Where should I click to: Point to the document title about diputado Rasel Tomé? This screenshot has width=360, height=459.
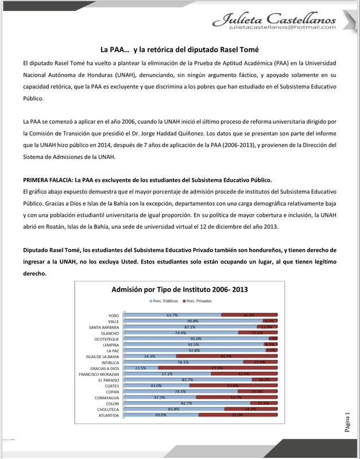click(x=180, y=50)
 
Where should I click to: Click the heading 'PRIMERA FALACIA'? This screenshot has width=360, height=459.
click(x=47, y=180)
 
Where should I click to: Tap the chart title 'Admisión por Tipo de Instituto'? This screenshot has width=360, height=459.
click(x=180, y=290)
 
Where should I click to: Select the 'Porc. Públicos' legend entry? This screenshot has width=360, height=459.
click(x=164, y=301)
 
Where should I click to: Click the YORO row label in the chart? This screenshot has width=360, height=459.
click(x=113, y=316)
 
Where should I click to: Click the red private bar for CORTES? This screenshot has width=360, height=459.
click(x=233, y=386)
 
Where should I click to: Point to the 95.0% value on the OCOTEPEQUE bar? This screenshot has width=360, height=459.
click(x=195, y=339)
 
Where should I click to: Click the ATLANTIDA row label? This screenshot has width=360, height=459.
click(x=109, y=415)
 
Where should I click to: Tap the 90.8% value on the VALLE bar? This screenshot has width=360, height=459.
click(x=192, y=321)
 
